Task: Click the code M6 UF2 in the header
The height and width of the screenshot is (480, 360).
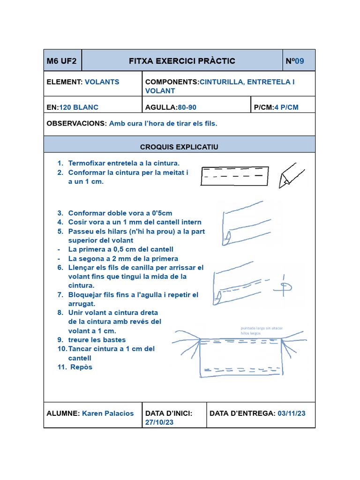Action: pos(61,61)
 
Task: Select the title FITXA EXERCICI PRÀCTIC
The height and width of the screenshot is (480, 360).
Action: pos(182,61)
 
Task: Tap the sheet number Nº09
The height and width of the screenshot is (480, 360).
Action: pos(295,61)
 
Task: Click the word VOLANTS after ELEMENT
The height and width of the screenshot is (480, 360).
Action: pos(102,82)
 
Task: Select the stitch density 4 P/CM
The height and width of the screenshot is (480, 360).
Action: pos(286,107)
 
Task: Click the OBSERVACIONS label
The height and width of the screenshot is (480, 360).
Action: pos(77,123)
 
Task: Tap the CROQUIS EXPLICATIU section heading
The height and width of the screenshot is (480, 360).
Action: pos(179,147)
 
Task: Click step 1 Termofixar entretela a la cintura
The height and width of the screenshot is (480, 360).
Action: pos(124,163)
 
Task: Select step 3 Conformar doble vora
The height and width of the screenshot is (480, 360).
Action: pos(120,213)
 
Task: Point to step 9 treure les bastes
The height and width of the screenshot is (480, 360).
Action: pos(97,339)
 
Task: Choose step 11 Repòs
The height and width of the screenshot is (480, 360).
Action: pos(81,367)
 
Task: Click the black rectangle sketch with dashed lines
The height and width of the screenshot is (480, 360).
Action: pos(234,176)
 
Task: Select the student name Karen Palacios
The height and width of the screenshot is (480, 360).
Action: pos(108,413)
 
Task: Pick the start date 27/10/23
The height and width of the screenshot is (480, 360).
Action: pos(159,422)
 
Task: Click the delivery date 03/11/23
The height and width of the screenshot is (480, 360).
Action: pos(292,413)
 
